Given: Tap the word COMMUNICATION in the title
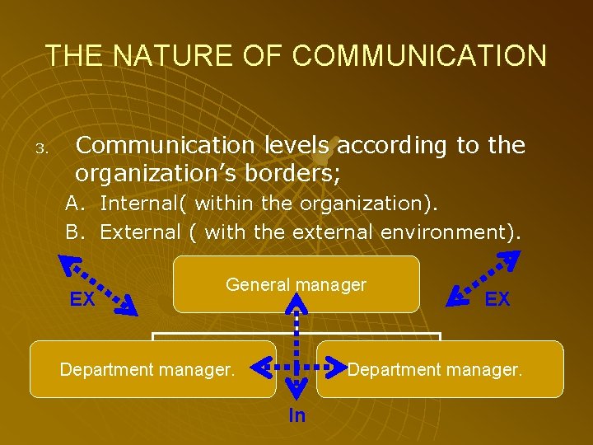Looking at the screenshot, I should (x=419, y=55).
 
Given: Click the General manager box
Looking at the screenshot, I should (x=296, y=284).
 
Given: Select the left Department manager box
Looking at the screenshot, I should (x=153, y=369).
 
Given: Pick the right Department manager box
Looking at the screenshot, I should (x=440, y=369).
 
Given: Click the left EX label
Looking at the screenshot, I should (x=82, y=300).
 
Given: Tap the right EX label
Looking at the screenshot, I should (x=497, y=299).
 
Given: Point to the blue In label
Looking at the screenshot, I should (x=297, y=415).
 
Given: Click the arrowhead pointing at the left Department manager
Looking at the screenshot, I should (x=260, y=363).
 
